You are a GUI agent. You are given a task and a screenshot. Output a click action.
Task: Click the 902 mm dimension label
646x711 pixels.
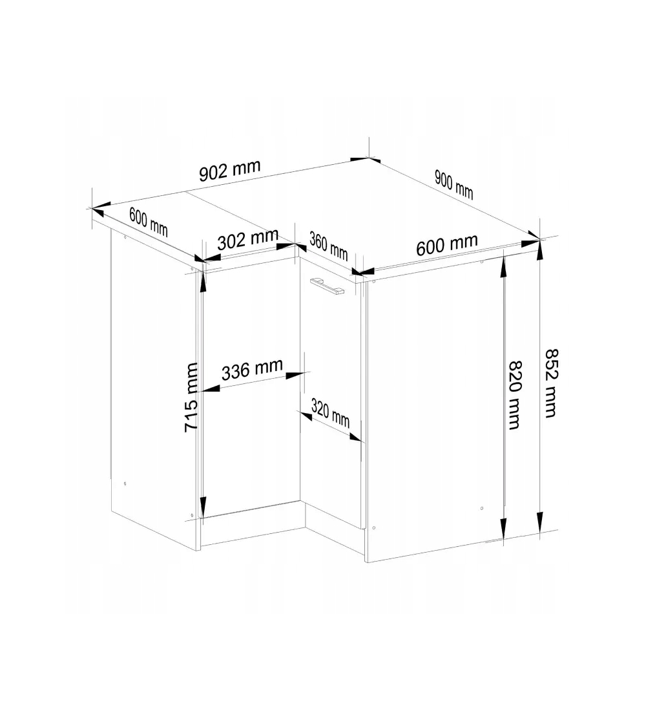[230, 170]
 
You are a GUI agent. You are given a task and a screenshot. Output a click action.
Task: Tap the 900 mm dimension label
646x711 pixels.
[453, 185]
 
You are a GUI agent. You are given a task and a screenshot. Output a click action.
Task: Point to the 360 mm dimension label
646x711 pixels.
[329, 246]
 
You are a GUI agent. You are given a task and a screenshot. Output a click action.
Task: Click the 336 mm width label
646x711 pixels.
[252, 369]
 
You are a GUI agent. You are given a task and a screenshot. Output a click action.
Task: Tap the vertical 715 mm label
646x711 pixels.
[192, 397]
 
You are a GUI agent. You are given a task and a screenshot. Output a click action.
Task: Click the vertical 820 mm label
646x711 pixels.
[515, 395]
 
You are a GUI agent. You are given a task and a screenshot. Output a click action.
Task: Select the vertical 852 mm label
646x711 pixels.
[550, 383]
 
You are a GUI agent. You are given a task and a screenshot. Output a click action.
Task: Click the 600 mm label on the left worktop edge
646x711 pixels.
[148, 222]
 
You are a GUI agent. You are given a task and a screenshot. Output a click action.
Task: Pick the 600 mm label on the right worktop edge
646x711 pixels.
[447, 246]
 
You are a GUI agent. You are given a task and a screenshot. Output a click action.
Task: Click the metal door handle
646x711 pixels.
[326, 286]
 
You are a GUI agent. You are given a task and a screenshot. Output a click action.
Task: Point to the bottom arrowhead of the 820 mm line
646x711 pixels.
[503, 529]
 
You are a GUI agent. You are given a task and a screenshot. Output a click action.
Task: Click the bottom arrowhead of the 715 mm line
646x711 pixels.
[203, 507]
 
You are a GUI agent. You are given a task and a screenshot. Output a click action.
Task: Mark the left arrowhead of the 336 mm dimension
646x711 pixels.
[211, 388]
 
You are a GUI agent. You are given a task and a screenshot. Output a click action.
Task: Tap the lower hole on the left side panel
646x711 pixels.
[125, 484]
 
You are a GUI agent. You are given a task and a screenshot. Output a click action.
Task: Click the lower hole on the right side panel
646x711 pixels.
[481, 508]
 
